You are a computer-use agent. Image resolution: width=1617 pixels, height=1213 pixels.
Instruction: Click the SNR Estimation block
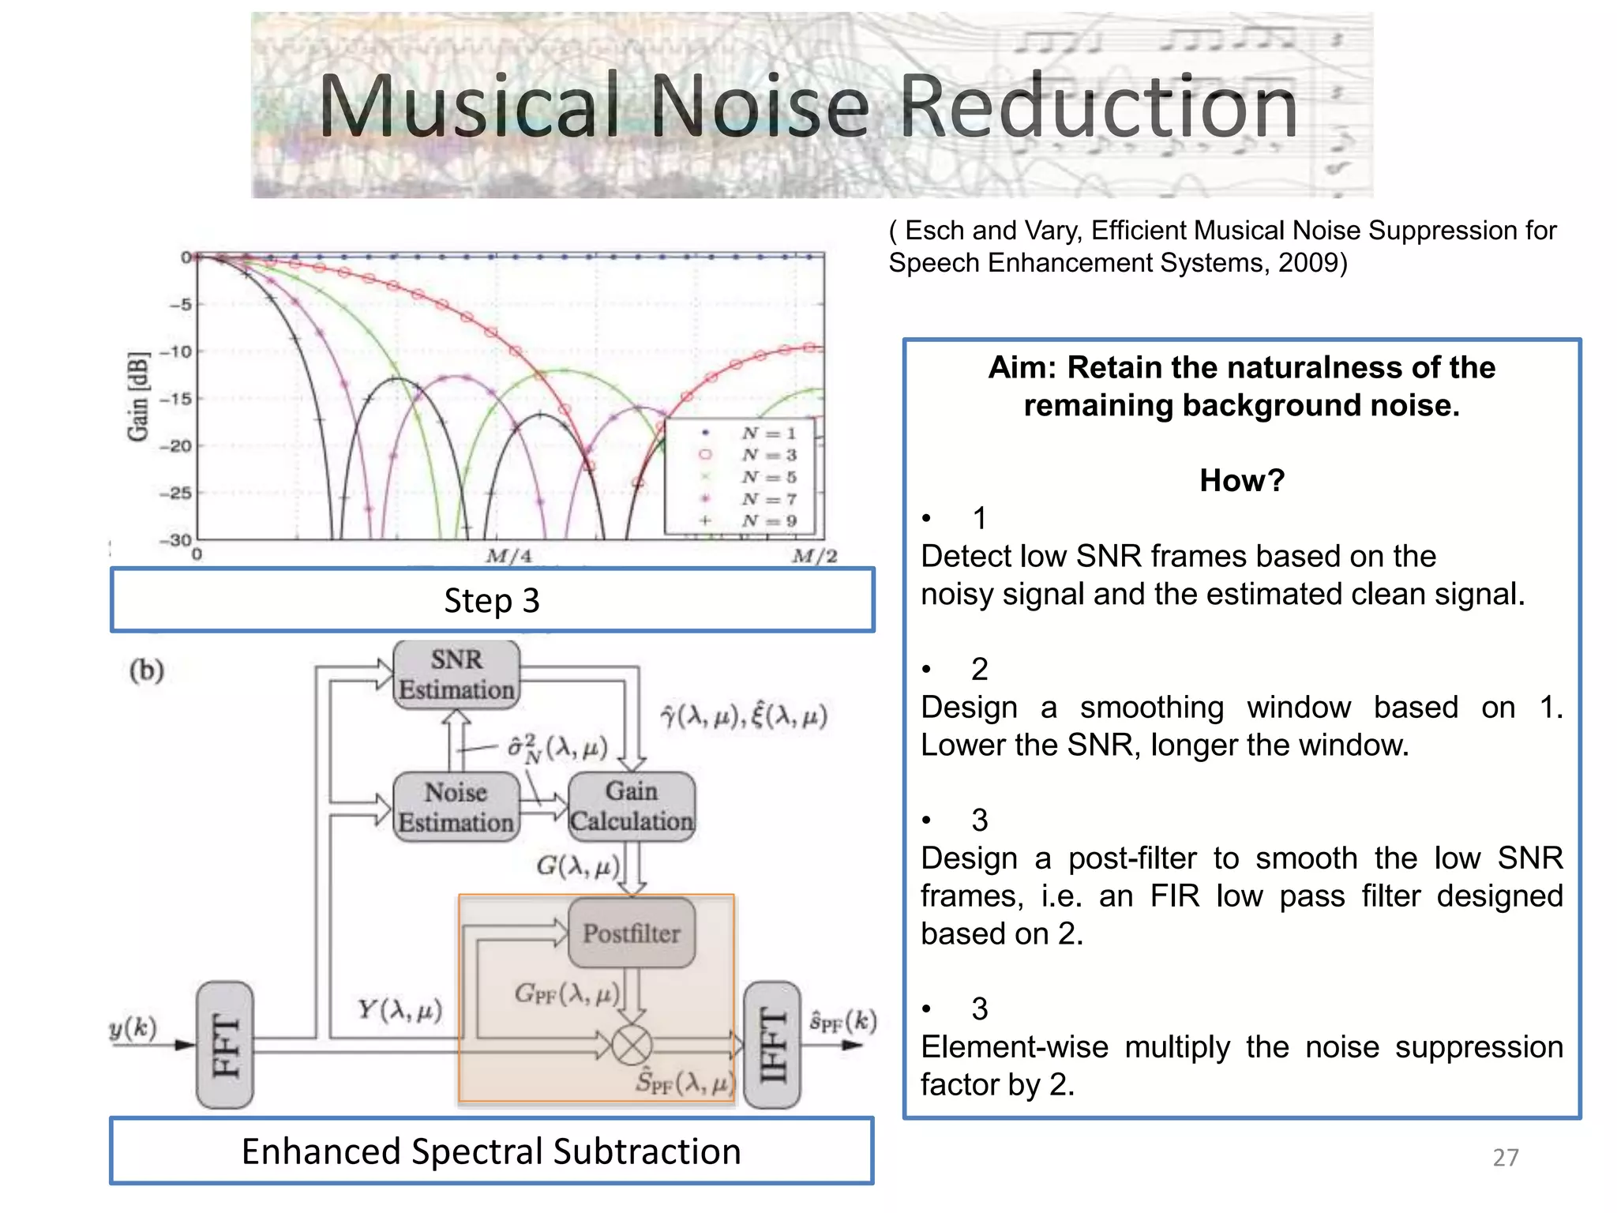[456, 674]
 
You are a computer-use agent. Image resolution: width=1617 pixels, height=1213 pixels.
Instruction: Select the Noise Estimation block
[456, 807]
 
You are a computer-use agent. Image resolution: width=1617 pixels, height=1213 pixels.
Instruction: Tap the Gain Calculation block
[632, 806]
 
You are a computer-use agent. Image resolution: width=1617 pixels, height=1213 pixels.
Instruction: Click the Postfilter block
[632, 933]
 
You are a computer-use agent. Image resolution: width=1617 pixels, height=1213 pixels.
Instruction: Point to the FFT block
[225, 1045]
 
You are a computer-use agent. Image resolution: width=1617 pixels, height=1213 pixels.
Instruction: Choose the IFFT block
[772, 1045]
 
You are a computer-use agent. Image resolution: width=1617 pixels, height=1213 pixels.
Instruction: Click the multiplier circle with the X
[632, 1046]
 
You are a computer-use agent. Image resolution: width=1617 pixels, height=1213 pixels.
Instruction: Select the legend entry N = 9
[767, 521]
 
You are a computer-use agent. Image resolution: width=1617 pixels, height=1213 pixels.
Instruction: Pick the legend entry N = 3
[767, 455]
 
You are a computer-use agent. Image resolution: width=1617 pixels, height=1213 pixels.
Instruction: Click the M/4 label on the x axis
[509, 557]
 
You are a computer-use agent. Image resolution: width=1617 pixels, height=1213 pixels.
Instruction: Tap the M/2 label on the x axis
[814, 557]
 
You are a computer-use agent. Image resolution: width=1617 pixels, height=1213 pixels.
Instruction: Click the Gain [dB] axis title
[138, 397]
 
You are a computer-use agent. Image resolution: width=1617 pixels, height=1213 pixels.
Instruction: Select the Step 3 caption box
[492, 600]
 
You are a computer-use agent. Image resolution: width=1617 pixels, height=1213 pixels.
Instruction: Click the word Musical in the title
[469, 106]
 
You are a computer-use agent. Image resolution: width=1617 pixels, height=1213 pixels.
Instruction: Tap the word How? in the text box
[1241, 480]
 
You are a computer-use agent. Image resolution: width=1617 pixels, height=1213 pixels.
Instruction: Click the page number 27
[1505, 1157]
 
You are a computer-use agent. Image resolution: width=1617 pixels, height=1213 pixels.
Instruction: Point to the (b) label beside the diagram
[147, 670]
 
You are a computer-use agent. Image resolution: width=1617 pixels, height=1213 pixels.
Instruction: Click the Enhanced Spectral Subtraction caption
[491, 1151]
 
